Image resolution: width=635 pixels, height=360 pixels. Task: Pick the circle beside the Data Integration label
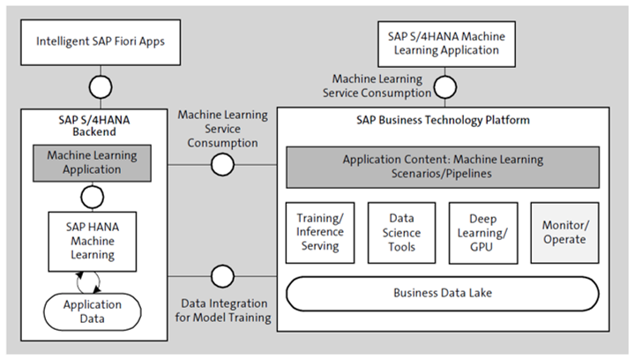223,274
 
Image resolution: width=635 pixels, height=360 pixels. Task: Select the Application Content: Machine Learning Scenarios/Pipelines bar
443,166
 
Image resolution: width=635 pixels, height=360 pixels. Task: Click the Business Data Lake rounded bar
443,293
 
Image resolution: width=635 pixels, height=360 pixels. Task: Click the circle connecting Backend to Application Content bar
223,164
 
